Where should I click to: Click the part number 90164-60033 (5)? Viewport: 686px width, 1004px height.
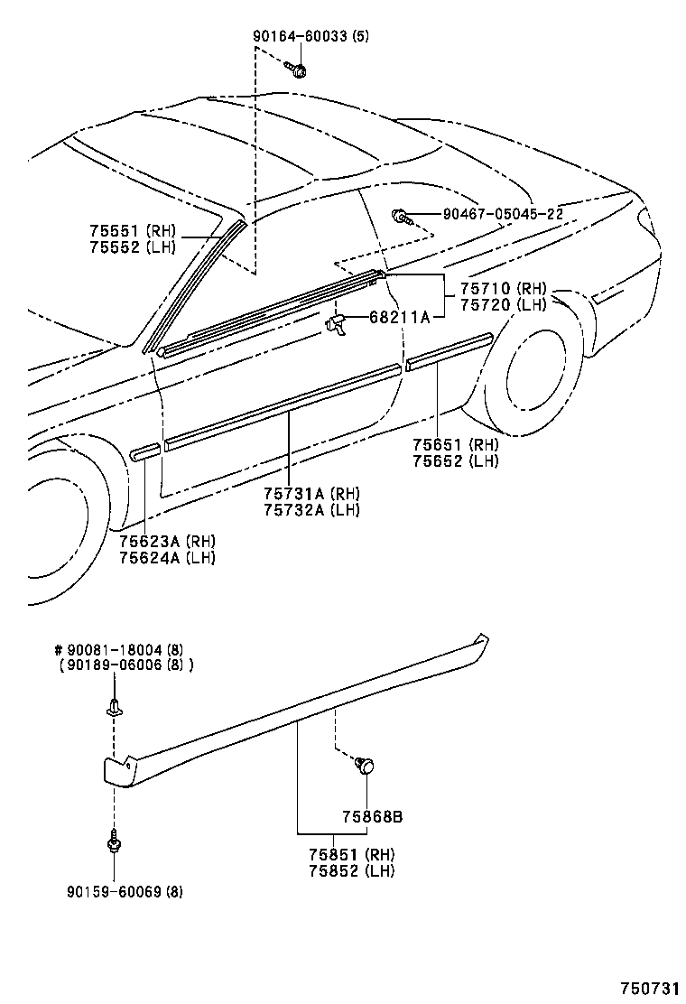pos(311,37)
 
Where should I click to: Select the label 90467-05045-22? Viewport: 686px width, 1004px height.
pos(503,214)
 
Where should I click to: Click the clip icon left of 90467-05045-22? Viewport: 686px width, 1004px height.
pos(401,216)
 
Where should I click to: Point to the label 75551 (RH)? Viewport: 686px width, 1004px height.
pos(133,230)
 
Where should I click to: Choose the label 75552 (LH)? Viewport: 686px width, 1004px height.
pos(133,246)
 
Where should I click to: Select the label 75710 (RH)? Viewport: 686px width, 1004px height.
pos(503,289)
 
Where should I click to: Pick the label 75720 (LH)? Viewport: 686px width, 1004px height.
pos(503,305)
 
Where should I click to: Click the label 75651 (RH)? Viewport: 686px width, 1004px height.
pos(455,444)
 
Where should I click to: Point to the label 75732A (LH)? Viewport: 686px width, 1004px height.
pos(311,510)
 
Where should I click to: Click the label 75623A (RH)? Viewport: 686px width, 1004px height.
pos(167,541)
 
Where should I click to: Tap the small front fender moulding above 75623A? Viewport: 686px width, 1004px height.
pos(145,452)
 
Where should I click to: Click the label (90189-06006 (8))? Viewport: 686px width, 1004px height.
pos(127,665)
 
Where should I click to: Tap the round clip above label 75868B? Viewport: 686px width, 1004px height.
pos(366,767)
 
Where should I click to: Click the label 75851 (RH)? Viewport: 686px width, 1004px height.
pos(348,854)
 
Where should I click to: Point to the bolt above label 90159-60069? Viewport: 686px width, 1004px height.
pos(114,841)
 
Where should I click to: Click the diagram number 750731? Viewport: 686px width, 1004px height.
pos(648,989)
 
